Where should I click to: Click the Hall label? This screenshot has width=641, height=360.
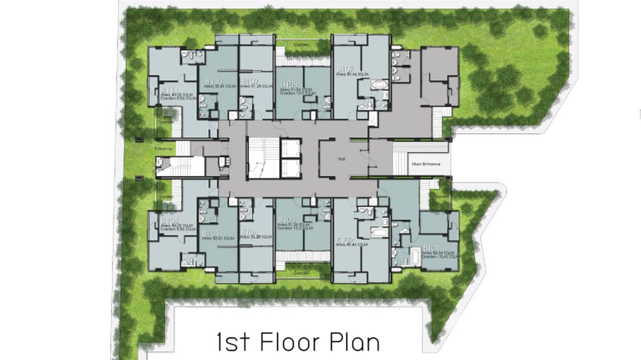pos(341,159)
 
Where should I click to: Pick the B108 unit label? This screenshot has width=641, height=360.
pos(287,84)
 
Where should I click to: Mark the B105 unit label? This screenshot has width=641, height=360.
pos(211,233)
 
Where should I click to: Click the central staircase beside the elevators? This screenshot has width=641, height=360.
pos(263,158)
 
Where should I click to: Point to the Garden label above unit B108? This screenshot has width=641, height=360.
pos(302,44)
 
